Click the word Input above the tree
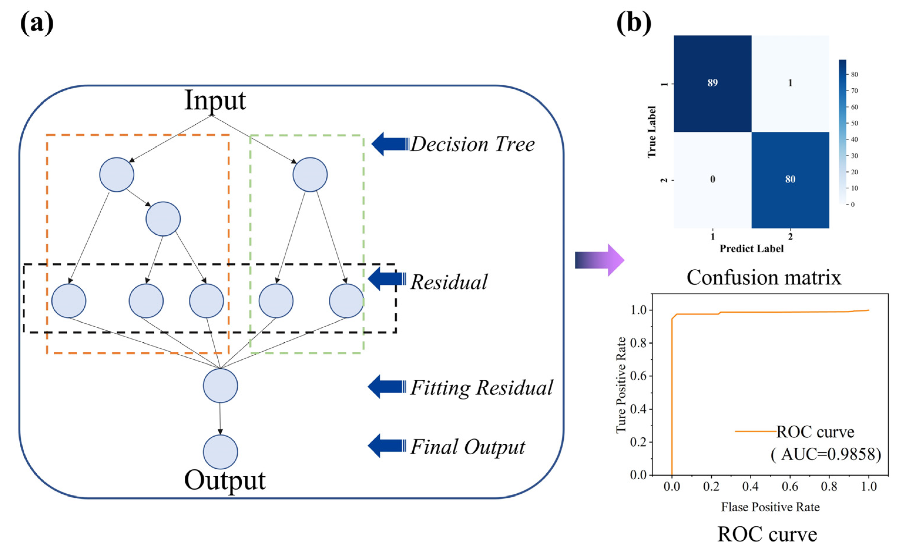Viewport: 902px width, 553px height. [215, 100]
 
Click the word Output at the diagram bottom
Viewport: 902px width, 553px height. [225, 480]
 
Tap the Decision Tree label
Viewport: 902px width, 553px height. [473, 144]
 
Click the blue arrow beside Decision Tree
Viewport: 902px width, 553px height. [391, 144]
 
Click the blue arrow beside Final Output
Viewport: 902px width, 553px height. [387, 446]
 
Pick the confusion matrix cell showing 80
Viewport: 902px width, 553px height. [790, 180]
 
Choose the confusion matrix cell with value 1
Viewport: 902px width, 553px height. [790, 83]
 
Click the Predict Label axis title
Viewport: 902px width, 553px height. [752, 249]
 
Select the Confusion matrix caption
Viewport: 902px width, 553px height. [764, 278]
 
